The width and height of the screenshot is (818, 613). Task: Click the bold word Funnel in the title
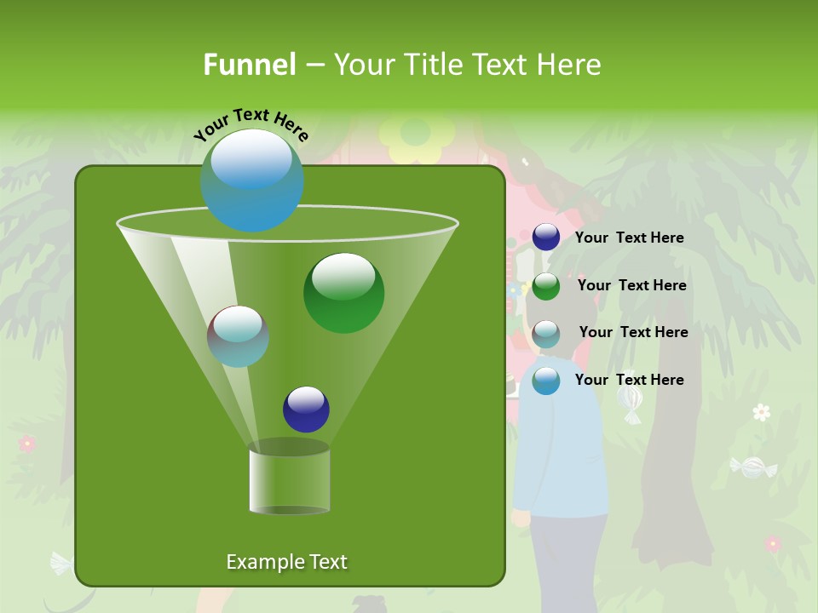[250, 65]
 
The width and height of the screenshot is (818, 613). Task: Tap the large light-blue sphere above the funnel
[252, 180]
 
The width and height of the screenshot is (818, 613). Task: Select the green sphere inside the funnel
[343, 293]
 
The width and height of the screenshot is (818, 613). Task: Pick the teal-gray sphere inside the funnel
[239, 336]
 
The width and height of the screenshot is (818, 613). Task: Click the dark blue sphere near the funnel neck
[306, 409]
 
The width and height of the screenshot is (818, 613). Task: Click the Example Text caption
[287, 562]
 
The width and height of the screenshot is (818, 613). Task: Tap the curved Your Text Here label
[251, 123]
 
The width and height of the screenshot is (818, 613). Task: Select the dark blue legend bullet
[546, 238]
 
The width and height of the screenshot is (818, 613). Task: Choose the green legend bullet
[546, 285]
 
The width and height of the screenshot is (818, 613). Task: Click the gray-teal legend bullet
[546, 333]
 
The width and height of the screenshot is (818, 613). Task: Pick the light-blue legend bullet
[546, 381]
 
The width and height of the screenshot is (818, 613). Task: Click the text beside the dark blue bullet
[630, 238]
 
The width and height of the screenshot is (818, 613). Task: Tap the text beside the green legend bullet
[632, 285]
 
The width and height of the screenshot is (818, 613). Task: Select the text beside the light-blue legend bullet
[630, 380]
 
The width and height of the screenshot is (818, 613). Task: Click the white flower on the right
[762, 412]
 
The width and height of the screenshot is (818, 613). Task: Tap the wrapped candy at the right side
[753, 467]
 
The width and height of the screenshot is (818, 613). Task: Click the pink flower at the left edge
[27, 444]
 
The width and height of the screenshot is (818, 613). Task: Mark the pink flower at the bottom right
[772, 543]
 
